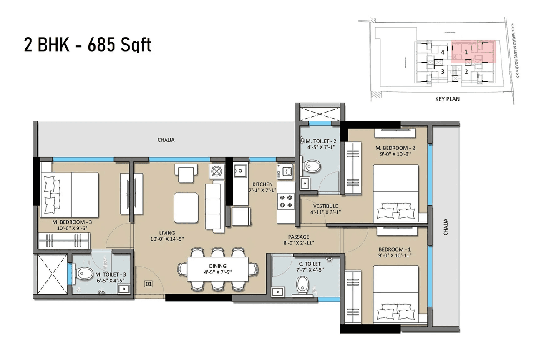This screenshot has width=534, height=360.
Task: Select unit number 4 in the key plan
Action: pos(442,52)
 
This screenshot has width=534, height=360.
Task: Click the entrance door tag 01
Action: pos(148,284)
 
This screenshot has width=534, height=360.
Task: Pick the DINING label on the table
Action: pos(218,266)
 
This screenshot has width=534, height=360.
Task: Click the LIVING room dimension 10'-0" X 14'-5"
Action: pos(166,239)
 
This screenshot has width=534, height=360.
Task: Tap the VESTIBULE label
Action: pos(324,206)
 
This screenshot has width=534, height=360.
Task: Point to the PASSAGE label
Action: pos(298,237)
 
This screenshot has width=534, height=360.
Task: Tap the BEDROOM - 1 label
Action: pos(392,249)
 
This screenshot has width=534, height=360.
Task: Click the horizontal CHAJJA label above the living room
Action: pos(166,140)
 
